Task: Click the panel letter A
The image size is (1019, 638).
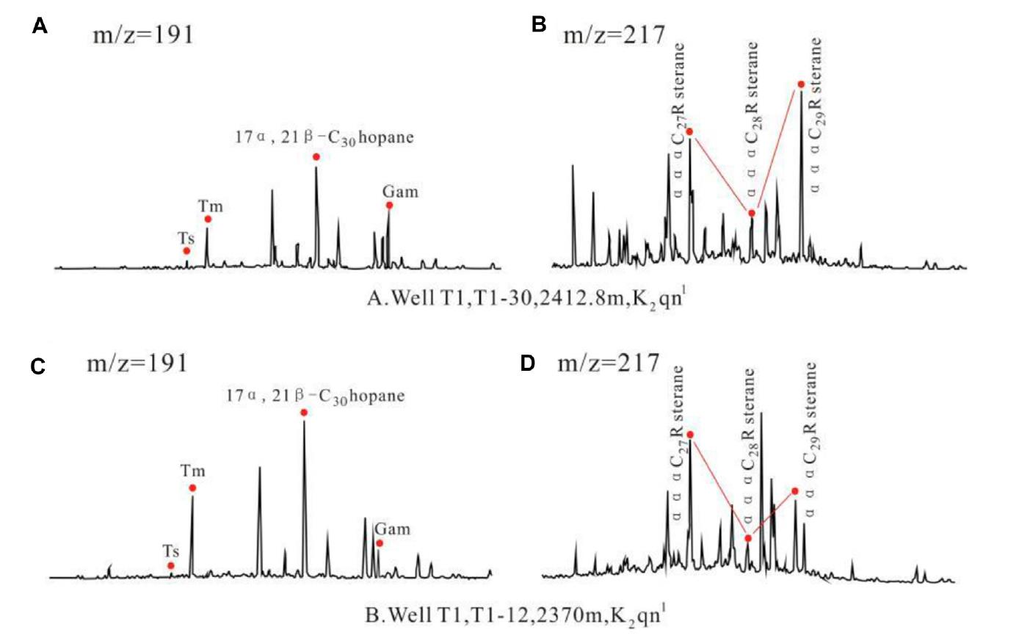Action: [40, 27]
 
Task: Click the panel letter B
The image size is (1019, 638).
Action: [539, 25]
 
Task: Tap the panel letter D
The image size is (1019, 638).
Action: [527, 363]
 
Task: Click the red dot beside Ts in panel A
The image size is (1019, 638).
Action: [186, 251]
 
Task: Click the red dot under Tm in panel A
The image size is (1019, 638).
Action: [208, 219]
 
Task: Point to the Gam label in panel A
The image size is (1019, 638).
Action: [400, 192]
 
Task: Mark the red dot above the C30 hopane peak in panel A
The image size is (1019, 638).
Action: [316, 157]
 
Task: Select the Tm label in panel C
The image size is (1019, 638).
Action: [193, 471]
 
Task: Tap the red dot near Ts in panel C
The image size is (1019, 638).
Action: [170, 565]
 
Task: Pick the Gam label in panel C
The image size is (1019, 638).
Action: [392, 529]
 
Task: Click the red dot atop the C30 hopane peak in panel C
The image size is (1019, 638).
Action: [304, 413]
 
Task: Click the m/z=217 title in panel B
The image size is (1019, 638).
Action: [614, 34]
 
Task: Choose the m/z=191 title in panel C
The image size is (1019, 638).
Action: [137, 363]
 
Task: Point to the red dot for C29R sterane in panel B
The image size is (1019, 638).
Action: [801, 84]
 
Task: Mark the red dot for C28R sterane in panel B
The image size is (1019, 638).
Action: [752, 213]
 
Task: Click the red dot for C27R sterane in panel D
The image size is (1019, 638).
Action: [690, 435]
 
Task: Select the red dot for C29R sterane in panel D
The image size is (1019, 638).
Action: [795, 490]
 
